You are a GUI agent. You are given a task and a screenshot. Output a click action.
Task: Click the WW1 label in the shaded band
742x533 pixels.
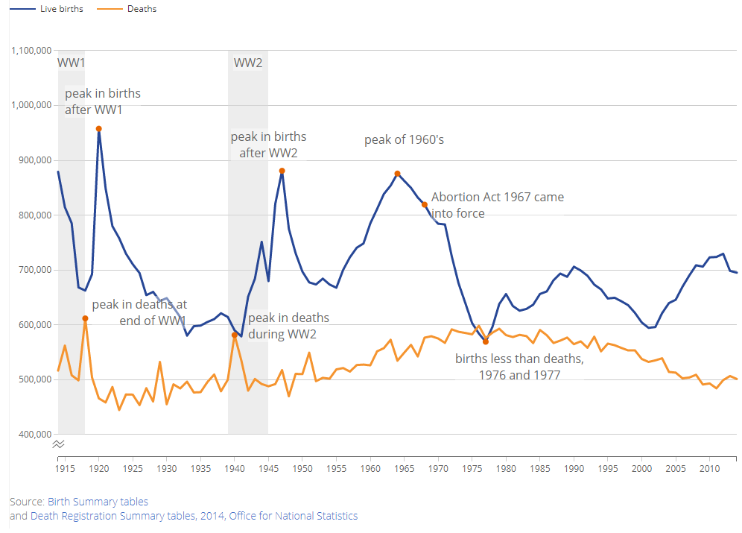click(x=71, y=63)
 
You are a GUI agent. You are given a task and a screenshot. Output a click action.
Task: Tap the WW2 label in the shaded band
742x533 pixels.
click(x=248, y=63)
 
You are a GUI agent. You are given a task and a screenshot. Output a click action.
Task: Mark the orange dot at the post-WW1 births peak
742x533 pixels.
click(x=99, y=129)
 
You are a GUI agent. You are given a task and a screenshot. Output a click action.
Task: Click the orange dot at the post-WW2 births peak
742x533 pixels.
click(x=282, y=171)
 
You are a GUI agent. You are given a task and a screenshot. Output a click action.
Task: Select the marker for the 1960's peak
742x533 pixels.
click(x=398, y=174)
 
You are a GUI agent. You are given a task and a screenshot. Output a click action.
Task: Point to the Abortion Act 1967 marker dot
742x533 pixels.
click(x=425, y=204)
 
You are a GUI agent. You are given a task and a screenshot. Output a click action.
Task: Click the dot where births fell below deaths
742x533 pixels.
click(x=486, y=341)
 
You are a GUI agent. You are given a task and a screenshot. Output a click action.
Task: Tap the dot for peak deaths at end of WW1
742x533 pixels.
click(x=85, y=318)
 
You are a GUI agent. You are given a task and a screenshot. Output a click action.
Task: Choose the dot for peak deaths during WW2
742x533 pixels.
click(x=235, y=335)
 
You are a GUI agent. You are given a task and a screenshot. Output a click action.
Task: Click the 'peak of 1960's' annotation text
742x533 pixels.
click(x=404, y=140)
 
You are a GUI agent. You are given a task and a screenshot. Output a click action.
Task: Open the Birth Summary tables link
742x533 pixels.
click(x=98, y=502)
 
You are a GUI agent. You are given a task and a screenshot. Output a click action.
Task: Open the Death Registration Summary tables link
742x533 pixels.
click(x=127, y=516)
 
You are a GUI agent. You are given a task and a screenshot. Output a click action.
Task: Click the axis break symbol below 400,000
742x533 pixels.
click(x=59, y=444)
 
